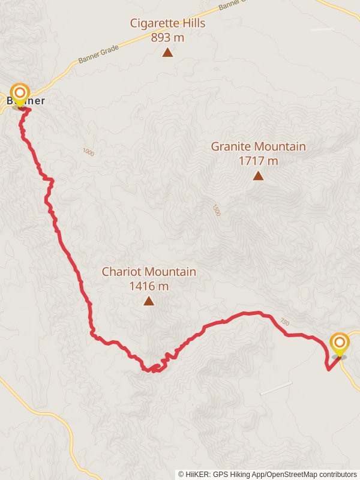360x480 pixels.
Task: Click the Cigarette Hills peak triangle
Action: [x=167, y=53]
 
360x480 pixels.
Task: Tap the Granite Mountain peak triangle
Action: [x=258, y=176]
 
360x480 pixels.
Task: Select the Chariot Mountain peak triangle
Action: [x=149, y=301]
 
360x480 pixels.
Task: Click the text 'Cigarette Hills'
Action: [x=168, y=23]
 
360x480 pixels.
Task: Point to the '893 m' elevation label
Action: [x=168, y=37]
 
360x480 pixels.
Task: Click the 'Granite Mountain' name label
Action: [x=258, y=146]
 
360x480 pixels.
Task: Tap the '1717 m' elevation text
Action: [x=258, y=161]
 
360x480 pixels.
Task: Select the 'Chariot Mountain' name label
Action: [x=149, y=272]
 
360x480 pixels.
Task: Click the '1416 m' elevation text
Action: [x=149, y=286]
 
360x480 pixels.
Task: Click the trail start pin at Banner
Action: [x=20, y=94]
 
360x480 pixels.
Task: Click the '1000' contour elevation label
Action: [x=89, y=152]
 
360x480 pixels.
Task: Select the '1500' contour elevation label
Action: [x=217, y=210]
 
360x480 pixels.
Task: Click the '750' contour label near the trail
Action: [x=284, y=323]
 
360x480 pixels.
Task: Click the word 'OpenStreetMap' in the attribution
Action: [x=291, y=474]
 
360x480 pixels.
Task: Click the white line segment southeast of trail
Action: [x=276, y=388]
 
